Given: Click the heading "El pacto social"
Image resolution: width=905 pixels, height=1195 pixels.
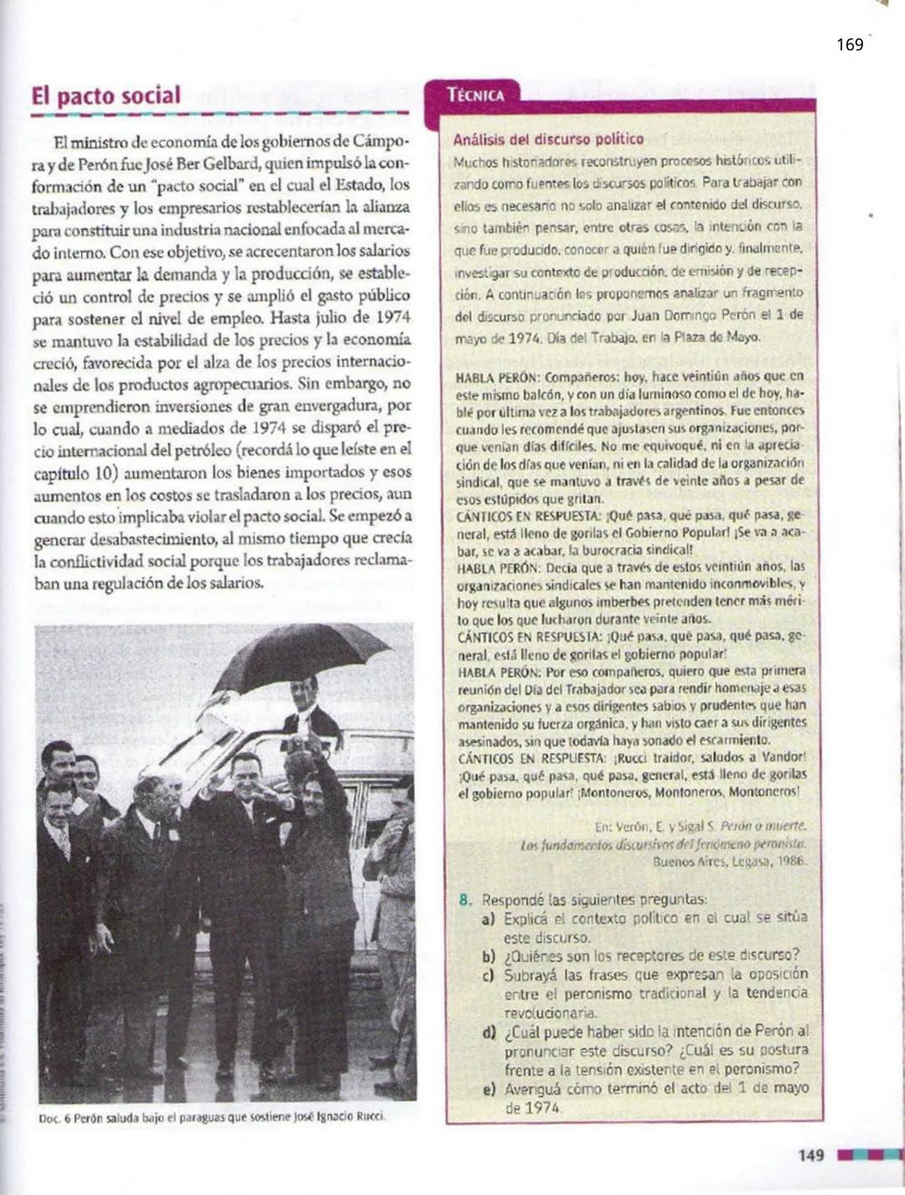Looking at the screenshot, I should pos(106,95).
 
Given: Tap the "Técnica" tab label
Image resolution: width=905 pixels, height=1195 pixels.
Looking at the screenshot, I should pos(476,95).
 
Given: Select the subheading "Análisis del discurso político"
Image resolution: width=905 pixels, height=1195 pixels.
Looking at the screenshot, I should pos(548,140).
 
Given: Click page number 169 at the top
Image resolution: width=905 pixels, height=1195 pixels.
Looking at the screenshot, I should pos(850,45).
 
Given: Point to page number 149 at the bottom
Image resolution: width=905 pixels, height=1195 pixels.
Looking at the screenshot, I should pos(810,1156).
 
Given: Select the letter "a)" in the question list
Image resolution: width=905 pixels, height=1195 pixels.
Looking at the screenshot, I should pos(489,919).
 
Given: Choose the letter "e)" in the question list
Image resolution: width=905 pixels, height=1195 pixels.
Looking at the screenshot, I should pos(489,1089).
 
